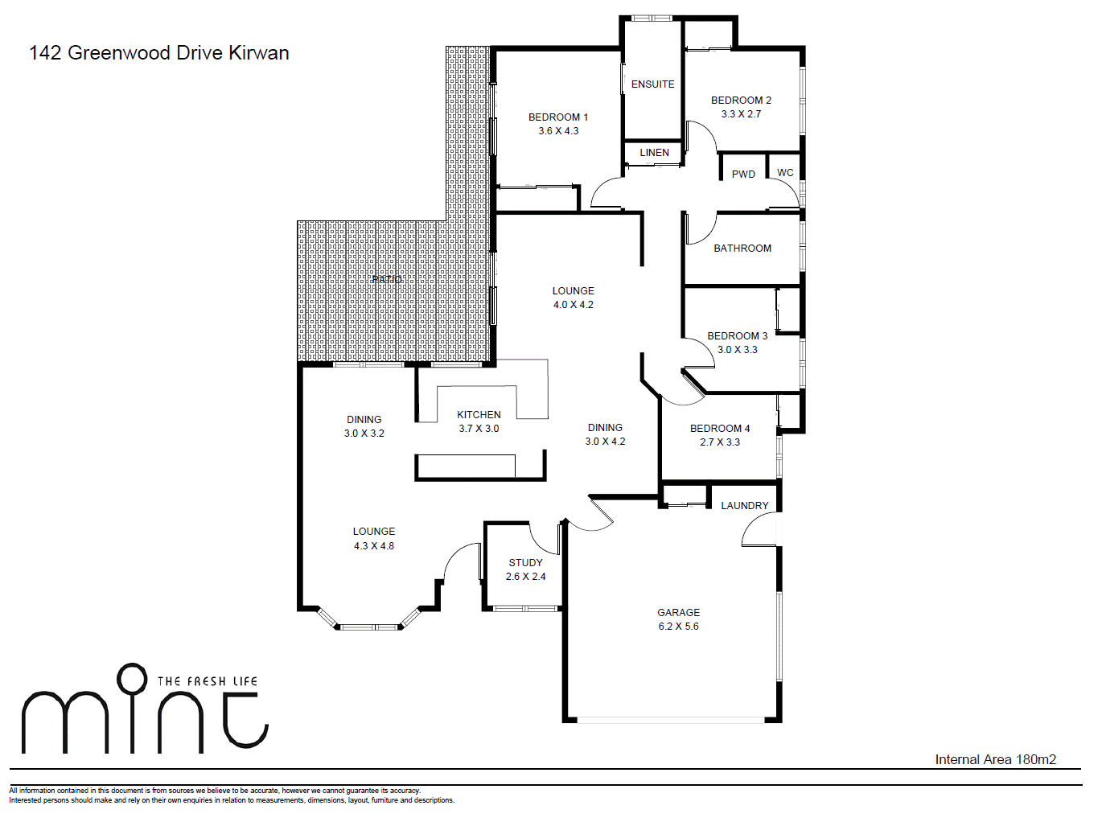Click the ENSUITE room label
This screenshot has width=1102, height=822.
tap(652, 84)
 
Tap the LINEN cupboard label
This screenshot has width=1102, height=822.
tap(654, 153)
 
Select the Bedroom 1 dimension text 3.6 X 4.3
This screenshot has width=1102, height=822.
tap(558, 131)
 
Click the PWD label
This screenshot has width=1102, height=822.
tap(743, 175)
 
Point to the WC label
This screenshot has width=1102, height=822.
tap(785, 173)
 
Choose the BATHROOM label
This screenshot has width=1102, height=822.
tap(742, 249)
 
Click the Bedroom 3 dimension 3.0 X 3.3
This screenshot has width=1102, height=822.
tap(737, 350)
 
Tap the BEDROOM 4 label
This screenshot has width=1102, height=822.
tap(719, 429)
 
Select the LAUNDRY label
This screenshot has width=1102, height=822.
tap(744, 506)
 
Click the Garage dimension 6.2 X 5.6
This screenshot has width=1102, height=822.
tap(678, 627)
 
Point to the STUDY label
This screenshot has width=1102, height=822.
tap(525, 563)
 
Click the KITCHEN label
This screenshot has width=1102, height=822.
tap(479, 415)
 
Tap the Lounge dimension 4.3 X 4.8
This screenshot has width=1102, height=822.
tap(373, 546)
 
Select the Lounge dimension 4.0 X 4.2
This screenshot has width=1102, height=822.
tap(573, 305)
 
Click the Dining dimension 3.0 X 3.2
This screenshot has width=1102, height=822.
tap(364, 434)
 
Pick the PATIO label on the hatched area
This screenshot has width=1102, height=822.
tap(387, 279)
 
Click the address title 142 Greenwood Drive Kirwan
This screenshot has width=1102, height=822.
tap(159, 53)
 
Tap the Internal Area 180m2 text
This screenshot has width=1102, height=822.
tap(995, 759)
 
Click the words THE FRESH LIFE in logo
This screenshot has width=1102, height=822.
tap(208, 681)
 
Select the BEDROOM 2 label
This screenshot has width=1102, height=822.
tap(740, 101)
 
